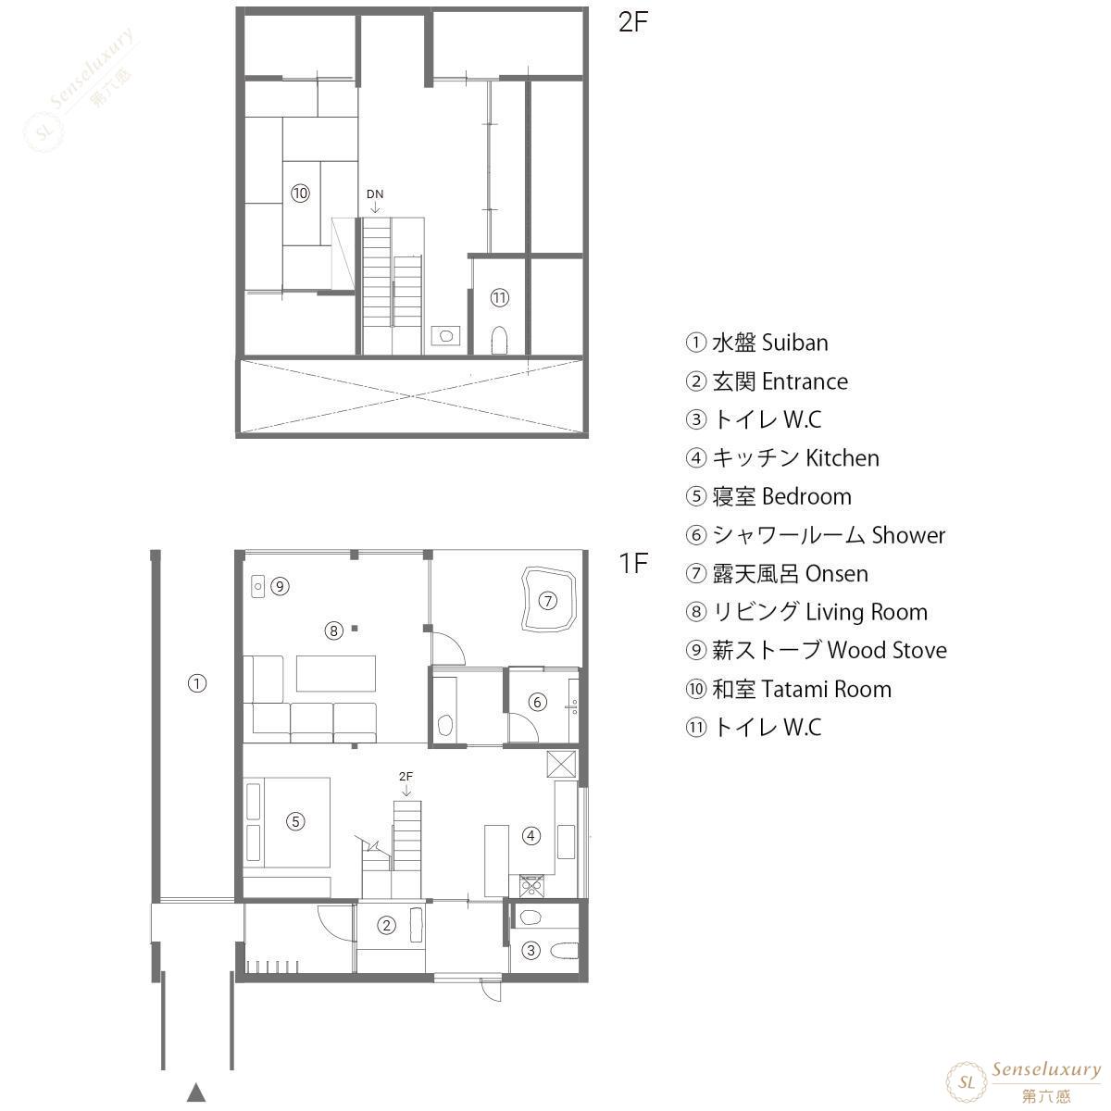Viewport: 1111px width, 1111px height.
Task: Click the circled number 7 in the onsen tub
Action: coord(547,601)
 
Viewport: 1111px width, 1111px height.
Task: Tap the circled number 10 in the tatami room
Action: coord(300,193)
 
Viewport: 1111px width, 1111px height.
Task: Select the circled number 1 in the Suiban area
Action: coord(197,684)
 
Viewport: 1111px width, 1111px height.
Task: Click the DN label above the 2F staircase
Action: coord(375,193)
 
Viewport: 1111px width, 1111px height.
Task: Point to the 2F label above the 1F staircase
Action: coord(406,776)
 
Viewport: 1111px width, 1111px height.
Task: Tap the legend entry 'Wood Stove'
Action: coord(887,650)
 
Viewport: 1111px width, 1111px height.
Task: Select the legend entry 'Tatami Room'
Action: coord(826,689)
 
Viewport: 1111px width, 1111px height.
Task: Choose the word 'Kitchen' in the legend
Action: coord(843,457)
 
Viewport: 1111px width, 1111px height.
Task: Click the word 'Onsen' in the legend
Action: coord(837,574)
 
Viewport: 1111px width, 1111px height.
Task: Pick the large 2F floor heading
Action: coord(633,22)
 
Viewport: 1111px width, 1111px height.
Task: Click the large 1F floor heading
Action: coord(633,563)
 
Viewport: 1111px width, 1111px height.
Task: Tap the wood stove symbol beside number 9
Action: coord(257,586)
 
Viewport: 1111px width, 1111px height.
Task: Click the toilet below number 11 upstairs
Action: coord(499,341)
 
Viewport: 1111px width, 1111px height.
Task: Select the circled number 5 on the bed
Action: coord(295,821)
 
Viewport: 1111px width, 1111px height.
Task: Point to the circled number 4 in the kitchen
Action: coord(531,835)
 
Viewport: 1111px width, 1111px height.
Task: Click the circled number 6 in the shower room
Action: coord(537,702)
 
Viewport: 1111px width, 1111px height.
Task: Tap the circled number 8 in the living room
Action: coord(334,630)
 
